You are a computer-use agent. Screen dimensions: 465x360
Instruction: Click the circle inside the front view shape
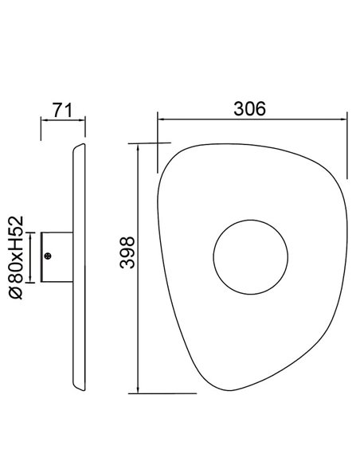(248, 256)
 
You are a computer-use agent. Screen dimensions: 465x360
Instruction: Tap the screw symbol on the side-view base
(49, 256)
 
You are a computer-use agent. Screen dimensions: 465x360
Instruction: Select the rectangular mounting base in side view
(57, 256)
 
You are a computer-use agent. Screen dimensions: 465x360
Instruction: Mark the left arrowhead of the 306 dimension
(160, 119)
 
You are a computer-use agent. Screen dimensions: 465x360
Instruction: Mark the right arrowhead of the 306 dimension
(347, 119)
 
